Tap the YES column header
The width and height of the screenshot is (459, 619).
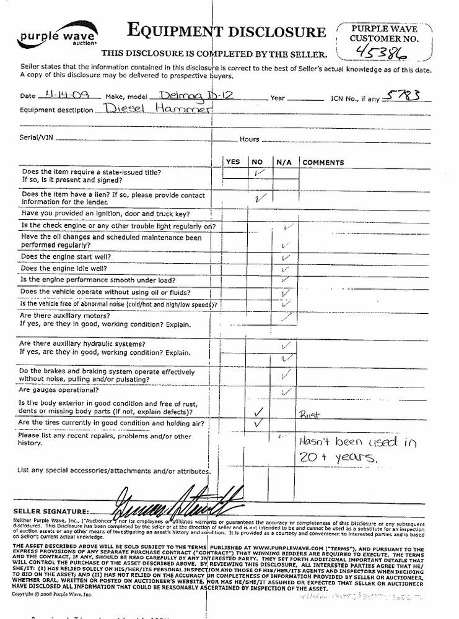pos(233,162)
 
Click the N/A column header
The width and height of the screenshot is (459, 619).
pos(284,162)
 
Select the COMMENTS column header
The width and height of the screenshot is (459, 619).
pos(323,163)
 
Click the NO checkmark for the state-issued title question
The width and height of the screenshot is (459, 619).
pos(260,173)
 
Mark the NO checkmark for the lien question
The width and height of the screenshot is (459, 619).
pos(260,198)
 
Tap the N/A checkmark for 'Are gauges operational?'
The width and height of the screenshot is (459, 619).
pos(286,391)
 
